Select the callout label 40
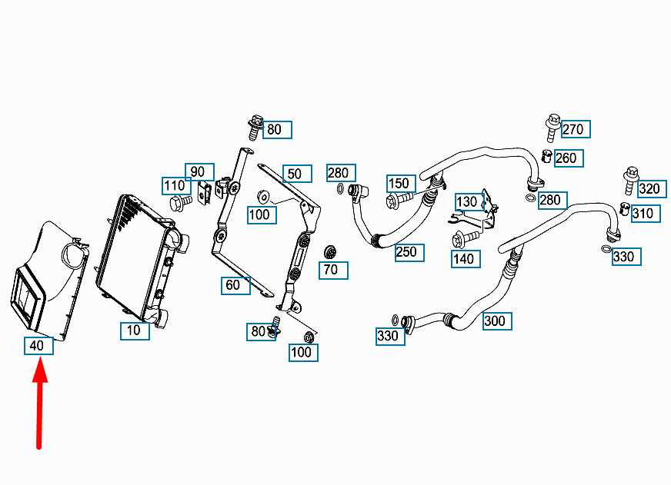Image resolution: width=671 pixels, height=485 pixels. [x=37, y=346]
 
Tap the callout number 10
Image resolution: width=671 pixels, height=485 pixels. [x=134, y=331]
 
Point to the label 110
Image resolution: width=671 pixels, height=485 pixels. [x=175, y=185]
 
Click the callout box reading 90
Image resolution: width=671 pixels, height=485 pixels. [x=199, y=171]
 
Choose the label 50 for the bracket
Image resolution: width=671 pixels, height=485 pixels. [x=295, y=174]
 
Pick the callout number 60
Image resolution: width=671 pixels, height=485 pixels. [x=233, y=285]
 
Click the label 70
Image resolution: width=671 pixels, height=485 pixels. [x=331, y=270]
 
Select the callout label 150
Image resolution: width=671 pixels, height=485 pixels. [x=399, y=183]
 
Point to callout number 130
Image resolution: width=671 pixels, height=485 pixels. [x=467, y=202]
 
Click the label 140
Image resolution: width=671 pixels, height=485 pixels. [x=464, y=259]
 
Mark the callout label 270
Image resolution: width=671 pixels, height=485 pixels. [x=573, y=129]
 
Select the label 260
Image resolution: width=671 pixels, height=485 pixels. [x=566, y=158]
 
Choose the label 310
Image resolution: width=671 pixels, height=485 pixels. [x=643, y=214]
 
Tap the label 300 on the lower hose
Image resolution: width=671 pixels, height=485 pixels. [x=495, y=321]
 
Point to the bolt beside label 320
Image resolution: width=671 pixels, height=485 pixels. [x=630, y=181]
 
